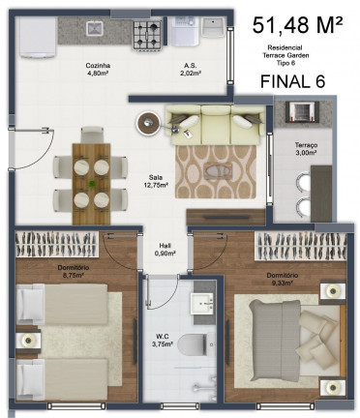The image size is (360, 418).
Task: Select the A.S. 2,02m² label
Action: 191,70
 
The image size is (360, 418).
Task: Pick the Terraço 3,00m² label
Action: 308,149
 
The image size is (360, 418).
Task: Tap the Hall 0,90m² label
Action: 165,250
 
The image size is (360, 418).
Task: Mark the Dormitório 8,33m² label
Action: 285,280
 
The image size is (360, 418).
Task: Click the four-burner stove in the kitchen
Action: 147,37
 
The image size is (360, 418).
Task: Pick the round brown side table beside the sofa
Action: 150,122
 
